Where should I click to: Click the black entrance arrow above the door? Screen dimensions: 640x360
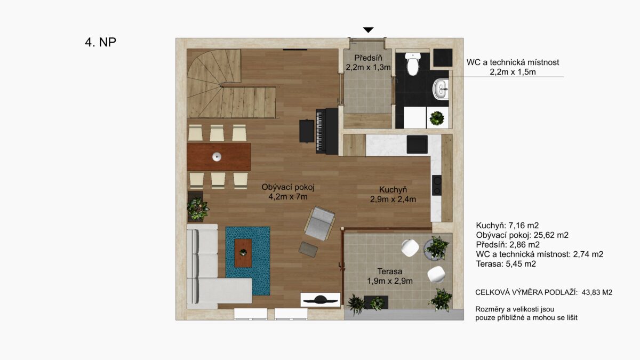pyautogui.click(x=369, y=30)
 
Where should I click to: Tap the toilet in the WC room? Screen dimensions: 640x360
pyautogui.click(x=413, y=63)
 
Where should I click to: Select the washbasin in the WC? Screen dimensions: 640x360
pyautogui.click(x=441, y=89)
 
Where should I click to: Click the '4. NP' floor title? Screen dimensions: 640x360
pyautogui.click(x=101, y=42)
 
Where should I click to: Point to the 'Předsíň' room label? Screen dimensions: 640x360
pyautogui.click(x=368, y=58)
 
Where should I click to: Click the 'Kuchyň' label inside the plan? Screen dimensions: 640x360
pyautogui.click(x=393, y=190)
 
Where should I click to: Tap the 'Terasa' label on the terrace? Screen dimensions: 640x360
pyautogui.click(x=390, y=271)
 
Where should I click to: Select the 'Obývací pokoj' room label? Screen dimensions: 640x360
pyautogui.click(x=288, y=187)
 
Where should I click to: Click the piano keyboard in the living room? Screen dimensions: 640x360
pyautogui.click(x=320, y=131)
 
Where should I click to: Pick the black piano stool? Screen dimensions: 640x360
pyautogui.click(x=307, y=131)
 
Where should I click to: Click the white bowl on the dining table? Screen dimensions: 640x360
pyautogui.click(x=217, y=157)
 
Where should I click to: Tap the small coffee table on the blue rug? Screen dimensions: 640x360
pyautogui.click(x=243, y=253)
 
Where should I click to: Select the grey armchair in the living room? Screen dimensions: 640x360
pyautogui.click(x=320, y=223)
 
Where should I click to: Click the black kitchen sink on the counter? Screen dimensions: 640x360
pyautogui.click(x=417, y=145)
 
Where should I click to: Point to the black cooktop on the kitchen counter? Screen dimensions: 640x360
pyautogui.click(x=437, y=185)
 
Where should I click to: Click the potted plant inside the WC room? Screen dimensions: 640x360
pyautogui.click(x=437, y=118)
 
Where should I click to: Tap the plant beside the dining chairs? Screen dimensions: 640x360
pyautogui.click(x=197, y=209)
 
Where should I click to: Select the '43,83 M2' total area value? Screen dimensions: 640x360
pyautogui.click(x=597, y=292)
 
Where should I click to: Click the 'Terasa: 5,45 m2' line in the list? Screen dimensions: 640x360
pyautogui.click(x=506, y=263)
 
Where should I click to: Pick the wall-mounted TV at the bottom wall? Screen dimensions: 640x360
pyautogui.click(x=321, y=300)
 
